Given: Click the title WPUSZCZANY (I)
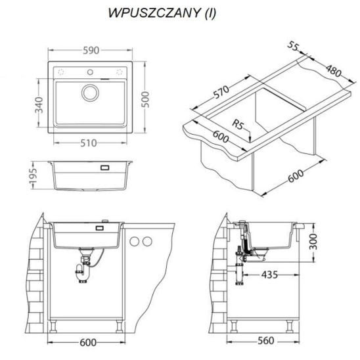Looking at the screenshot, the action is coord(162,13).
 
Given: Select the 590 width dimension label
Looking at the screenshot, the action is coord(91,51).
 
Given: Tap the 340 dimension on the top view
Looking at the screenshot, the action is coord(39,105).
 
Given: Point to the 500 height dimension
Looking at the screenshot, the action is coord(145,99).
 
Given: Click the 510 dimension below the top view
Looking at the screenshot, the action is coord(89,143).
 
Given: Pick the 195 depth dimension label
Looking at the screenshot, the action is coord(33,176).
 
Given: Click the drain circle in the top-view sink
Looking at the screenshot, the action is coord(90,93).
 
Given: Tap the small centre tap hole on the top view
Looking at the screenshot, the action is coord(90,72).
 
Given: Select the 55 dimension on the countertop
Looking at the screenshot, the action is coord(293,46).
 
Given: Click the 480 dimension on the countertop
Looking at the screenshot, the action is coord(334,71).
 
